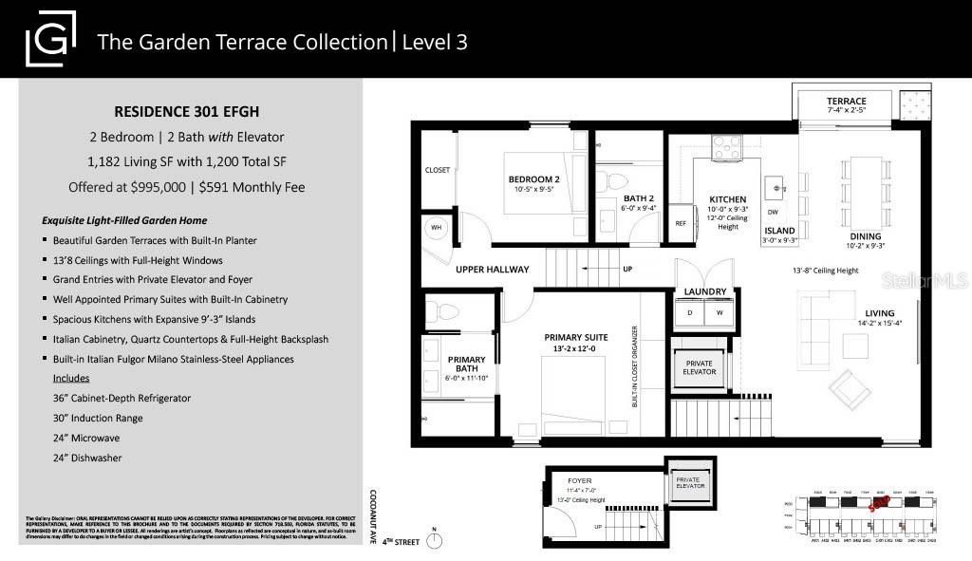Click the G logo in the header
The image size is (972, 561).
point(50,41)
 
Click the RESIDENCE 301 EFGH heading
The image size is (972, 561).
point(190,109)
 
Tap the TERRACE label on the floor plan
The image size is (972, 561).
point(846,102)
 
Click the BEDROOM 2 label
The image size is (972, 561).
point(533,179)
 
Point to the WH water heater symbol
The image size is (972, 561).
point(437,228)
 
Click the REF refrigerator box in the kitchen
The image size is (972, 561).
point(680,223)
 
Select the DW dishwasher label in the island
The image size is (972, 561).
point(773,212)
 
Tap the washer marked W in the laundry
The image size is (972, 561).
point(720,311)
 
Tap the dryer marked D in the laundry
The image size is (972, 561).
point(691,311)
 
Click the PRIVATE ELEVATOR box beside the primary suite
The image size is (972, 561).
point(698,368)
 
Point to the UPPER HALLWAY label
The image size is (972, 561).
point(492,270)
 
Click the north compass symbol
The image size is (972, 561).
point(435,540)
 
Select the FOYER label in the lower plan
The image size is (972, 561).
point(579,481)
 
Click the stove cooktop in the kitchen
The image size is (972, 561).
point(726,146)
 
